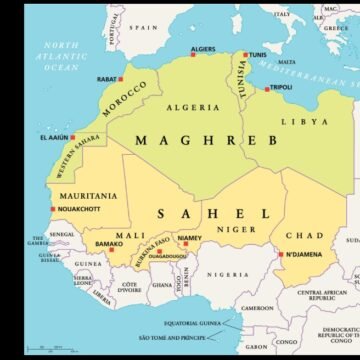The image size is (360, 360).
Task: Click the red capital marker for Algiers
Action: [190, 56]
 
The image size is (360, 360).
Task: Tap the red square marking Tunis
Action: [245, 55]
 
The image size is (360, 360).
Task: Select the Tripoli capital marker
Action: [267, 87]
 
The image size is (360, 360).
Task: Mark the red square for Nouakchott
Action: [52, 209]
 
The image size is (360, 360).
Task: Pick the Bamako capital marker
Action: [112, 249]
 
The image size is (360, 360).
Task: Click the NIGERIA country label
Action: [228, 274]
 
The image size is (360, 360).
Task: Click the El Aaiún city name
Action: [56, 137]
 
